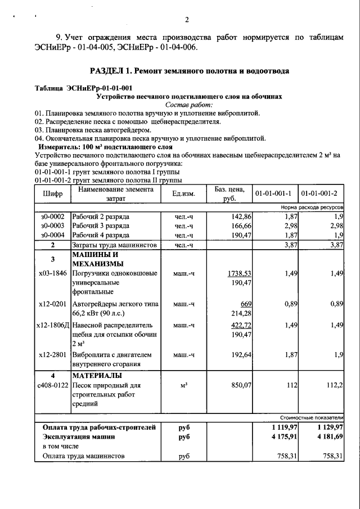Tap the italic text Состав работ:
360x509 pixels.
coord(189,105)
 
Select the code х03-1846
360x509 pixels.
coord(52,273)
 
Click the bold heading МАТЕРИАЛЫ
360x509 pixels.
coord(98,375)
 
